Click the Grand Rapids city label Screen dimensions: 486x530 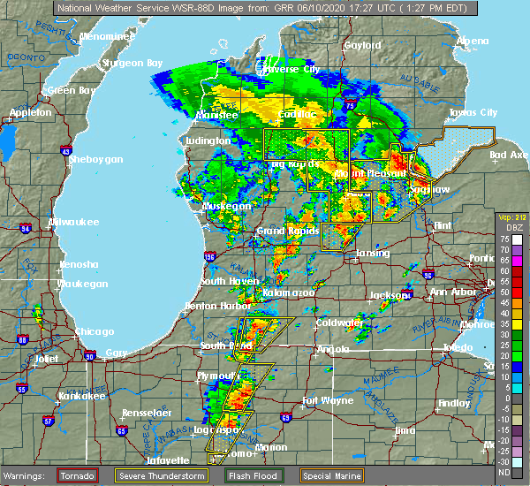281,232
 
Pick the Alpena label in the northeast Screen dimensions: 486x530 472,42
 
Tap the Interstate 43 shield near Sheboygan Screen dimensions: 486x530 67,151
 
